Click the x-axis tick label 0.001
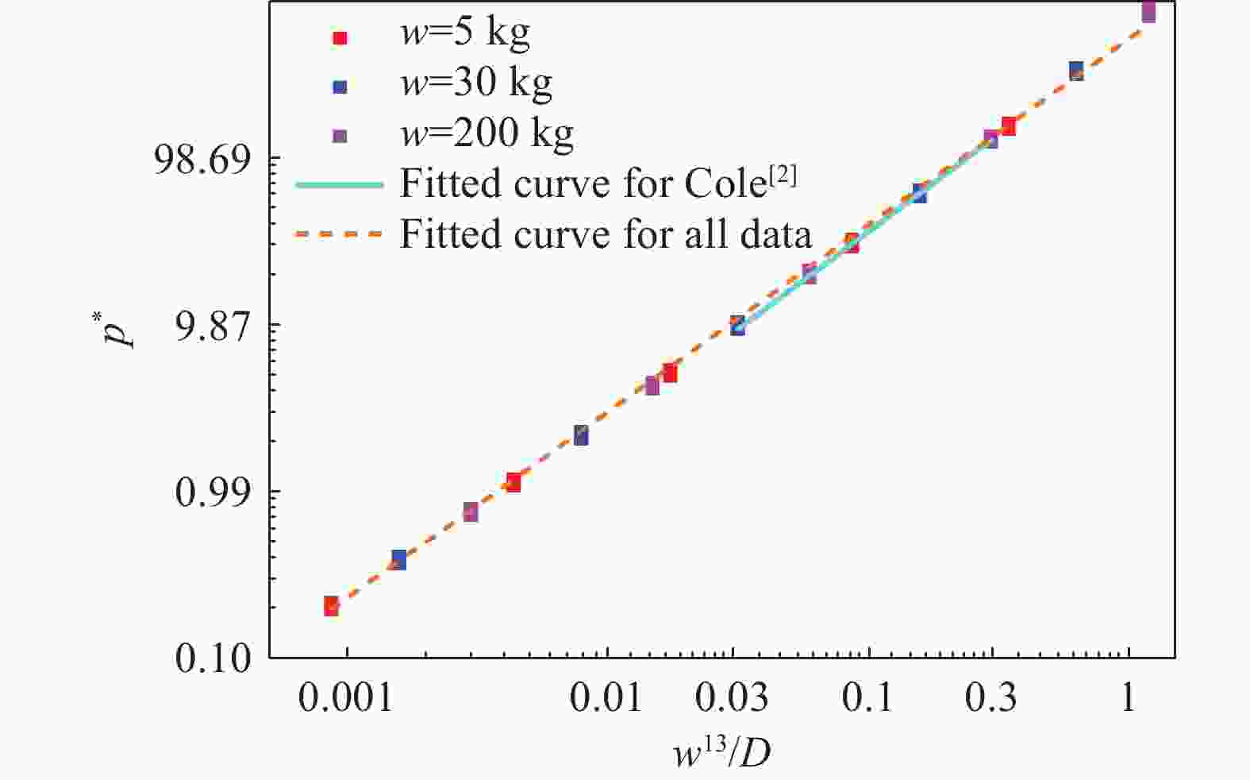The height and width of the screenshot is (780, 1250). click(x=346, y=698)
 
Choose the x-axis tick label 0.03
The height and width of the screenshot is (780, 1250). click(x=732, y=698)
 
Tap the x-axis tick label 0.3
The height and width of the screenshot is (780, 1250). click(x=991, y=698)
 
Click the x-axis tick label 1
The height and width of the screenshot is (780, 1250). click(x=1128, y=698)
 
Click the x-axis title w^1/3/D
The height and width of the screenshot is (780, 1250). click(x=722, y=751)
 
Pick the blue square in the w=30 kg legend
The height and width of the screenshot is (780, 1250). click(x=340, y=87)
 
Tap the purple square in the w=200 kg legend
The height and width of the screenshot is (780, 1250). click(x=340, y=136)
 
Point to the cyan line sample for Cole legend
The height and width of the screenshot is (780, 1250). click(x=340, y=185)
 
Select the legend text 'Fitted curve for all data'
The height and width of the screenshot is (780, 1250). click(x=606, y=234)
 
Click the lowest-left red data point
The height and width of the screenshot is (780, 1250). click(x=331, y=606)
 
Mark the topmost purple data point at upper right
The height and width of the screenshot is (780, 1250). click(x=1148, y=12)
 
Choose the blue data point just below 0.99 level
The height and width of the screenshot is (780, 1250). click(x=398, y=559)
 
